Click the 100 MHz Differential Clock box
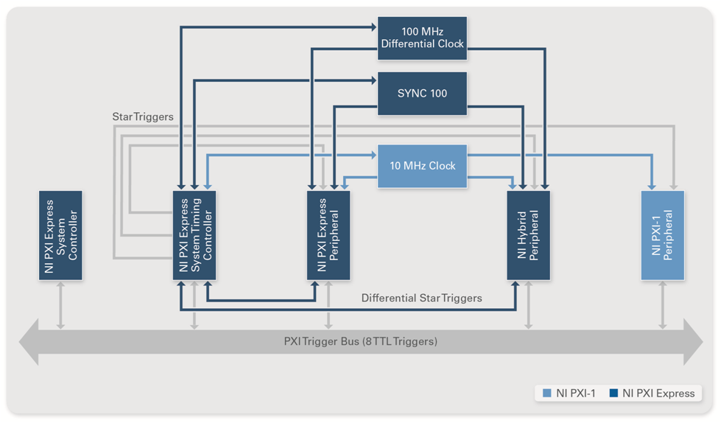[x=422, y=38]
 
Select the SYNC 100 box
[x=422, y=94]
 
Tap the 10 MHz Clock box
[x=422, y=166]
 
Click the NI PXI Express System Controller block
[x=60, y=235]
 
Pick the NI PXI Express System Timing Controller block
[x=194, y=235]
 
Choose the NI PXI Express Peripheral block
[x=328, y=235]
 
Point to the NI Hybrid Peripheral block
[x=529, y=235]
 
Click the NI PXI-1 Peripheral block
[x=663, y=235]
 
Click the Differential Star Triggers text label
[x=421, y=298]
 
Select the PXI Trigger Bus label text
[x=360, y=341]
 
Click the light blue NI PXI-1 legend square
[x=546, y=394]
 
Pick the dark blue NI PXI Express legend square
[x=615, y=394]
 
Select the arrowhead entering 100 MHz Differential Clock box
[x=373, y=27]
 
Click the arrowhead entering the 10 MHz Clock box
[x=373, y=155]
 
